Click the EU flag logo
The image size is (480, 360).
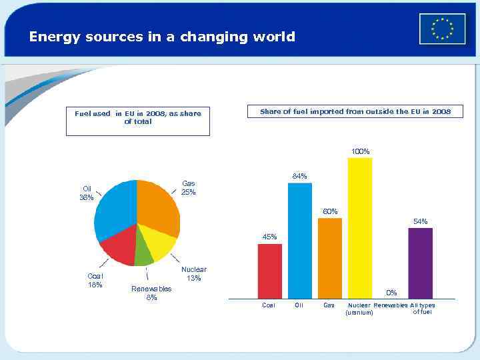[x=442, y=29]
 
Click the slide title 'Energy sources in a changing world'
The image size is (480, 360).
[x=162, y=37]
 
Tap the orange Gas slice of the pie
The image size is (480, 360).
[x=159, y=207]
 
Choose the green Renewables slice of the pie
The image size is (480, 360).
[x=143, y=255]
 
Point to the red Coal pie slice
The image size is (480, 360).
[x=119, y=247]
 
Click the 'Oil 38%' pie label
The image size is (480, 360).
[x=87, y=193]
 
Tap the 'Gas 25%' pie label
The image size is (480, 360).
[x=189, y=187]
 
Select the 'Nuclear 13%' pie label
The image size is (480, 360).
[x=193, y=273]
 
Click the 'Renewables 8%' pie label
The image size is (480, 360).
[x=151, y=293]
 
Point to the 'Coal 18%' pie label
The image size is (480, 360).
[x=95, y=280]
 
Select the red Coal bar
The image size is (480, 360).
[x=269, y=271]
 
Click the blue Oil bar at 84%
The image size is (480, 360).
[x=299, y=240]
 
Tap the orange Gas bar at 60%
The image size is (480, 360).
[x=329, y=258]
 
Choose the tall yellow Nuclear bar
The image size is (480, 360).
[x=360, y=227]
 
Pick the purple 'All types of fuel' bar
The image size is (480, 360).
[x=420, y=263]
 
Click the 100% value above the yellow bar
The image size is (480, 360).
[x=360, y=151]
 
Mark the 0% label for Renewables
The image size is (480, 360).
[x=392, y=292]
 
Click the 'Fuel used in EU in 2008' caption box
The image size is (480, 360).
[x=137, y=121]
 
